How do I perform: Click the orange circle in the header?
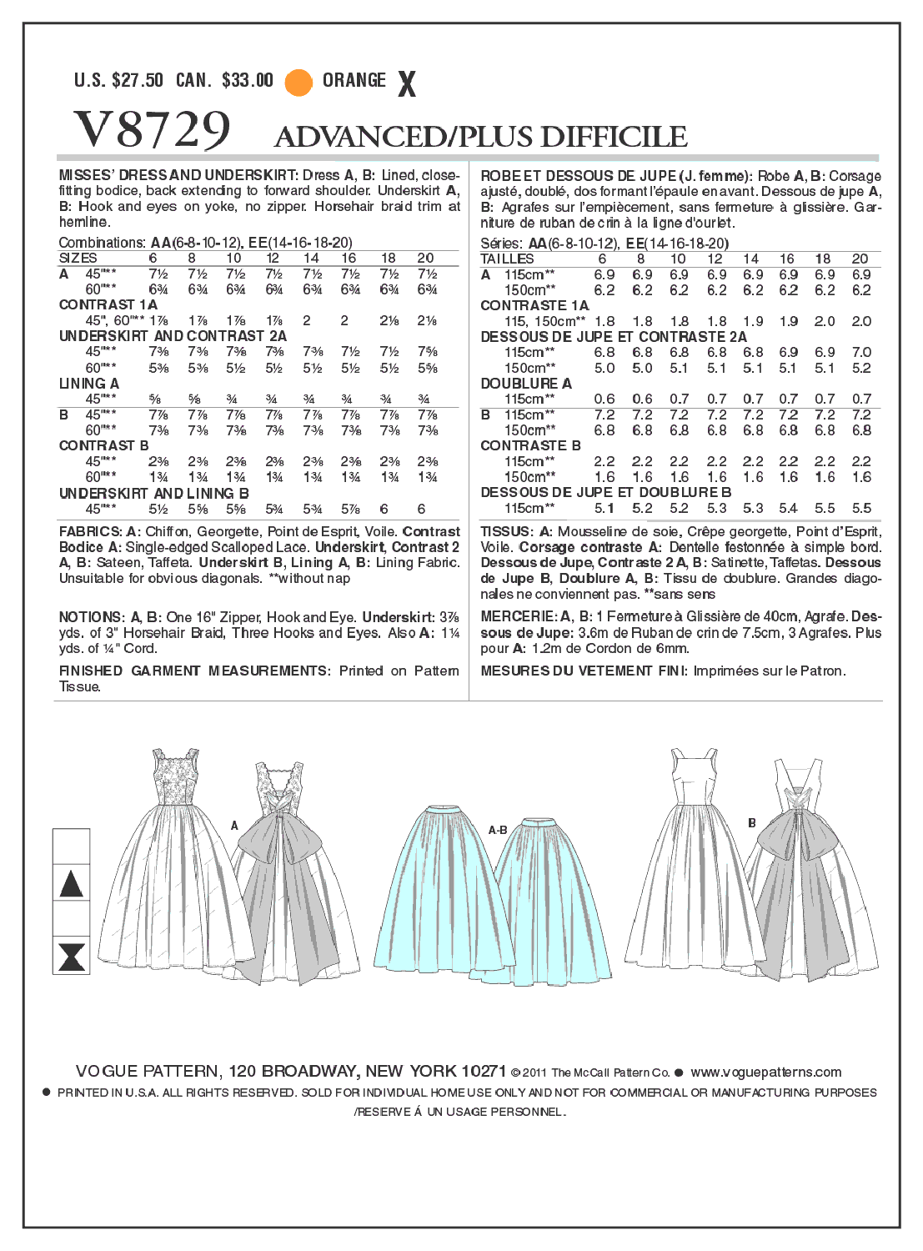pos(298,82)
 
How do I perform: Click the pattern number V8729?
pos(152,131)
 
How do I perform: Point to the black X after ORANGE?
pos(407,83)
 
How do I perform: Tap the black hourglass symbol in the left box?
pos(72,956)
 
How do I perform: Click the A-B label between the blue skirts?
pos(498,830)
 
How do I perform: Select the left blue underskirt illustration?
pos(434,892)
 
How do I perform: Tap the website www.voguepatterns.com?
pos(765,1073)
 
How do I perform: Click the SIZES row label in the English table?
pos(78,259)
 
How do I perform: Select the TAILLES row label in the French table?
pos(507,259)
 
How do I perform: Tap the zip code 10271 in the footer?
pos(483,1072)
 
